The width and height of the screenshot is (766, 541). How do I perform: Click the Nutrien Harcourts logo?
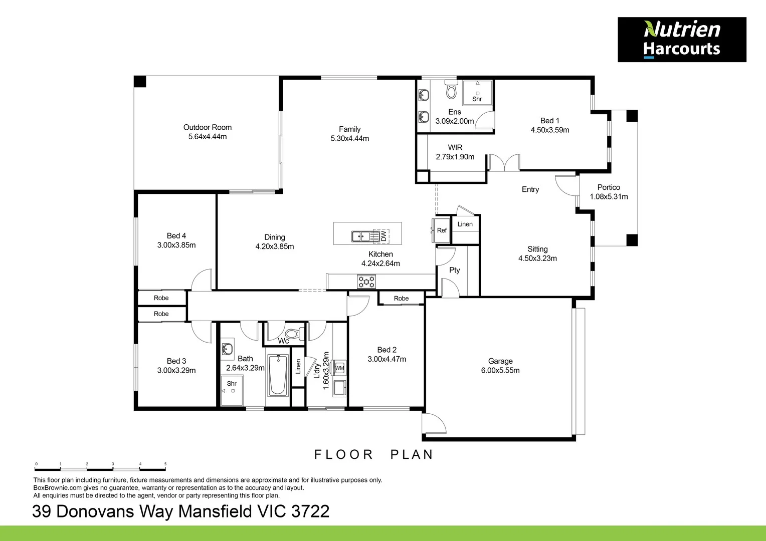[681, 40]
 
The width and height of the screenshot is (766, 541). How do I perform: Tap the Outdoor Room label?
[207, 127]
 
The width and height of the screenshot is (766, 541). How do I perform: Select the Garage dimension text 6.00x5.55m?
[500, 371]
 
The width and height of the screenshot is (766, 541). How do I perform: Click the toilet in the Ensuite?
[451, 90]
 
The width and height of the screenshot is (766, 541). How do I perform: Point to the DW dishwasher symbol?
[383, 235]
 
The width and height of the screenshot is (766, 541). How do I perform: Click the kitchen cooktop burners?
[366, 282]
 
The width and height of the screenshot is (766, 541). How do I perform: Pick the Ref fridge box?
[442, 230]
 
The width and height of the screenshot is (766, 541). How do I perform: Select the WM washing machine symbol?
[339, 368]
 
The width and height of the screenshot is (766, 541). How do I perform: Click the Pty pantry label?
[454, 270]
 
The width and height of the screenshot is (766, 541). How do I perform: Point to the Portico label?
[609, 187]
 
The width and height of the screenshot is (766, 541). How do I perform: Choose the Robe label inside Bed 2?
[401, 298]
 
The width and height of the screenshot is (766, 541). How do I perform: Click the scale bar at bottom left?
[100, 469]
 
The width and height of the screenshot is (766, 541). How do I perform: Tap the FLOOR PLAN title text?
[373, 454]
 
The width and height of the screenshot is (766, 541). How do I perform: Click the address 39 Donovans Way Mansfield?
[180, 511]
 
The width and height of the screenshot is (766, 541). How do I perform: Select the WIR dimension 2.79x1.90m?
[455, 157]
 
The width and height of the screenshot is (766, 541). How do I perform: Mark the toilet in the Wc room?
[293, 334]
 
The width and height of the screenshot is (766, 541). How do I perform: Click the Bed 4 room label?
[176, 235]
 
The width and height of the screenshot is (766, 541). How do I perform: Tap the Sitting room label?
[537, 249]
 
